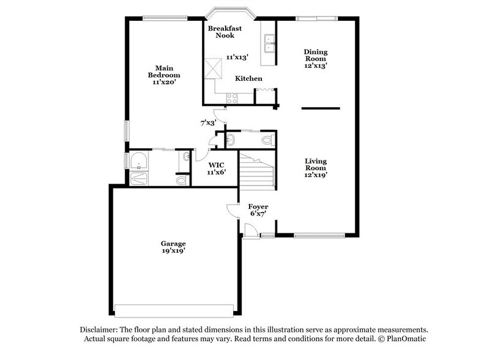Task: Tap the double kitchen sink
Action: coord(269,43)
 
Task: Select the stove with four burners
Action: coord(233,97)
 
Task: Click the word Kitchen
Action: coord(249,78)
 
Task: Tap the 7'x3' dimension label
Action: coord(208,122)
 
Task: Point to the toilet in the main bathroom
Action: coord(181,180)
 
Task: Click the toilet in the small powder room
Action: coord(267,140)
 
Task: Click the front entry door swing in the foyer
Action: coord(249,231)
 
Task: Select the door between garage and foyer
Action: coord(232,211)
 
